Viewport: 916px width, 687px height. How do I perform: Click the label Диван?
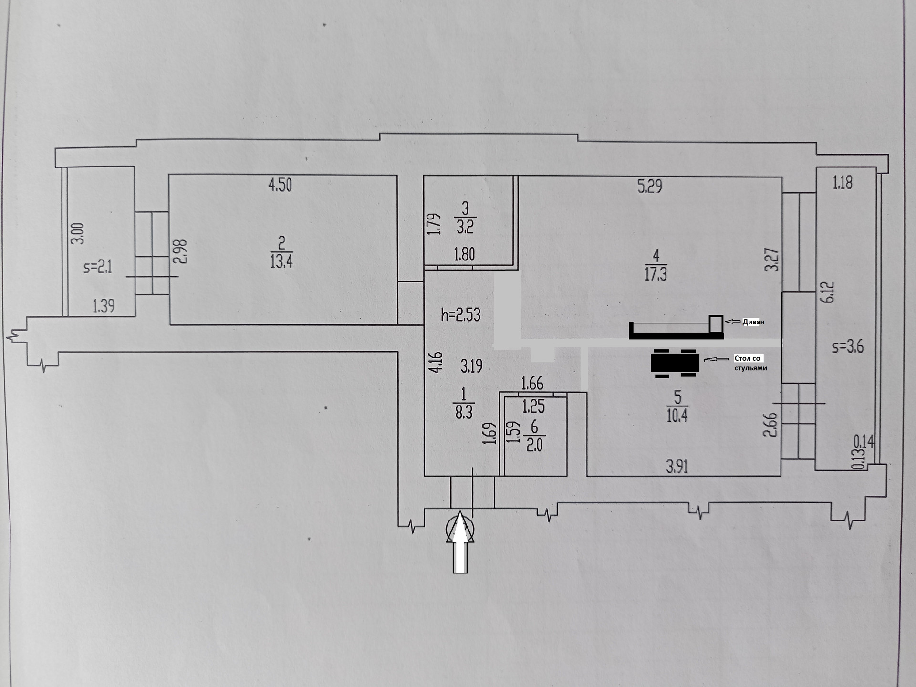[x=753, y=322]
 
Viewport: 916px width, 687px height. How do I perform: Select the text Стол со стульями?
[x=750, y=363]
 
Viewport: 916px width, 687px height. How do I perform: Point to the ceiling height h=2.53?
[x=460, y=315]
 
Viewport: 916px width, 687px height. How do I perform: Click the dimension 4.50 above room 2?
[x=280, y=185]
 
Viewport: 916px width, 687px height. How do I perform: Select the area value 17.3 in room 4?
[x=656, y=274]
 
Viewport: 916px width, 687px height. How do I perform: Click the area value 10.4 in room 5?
[x=677, y=416]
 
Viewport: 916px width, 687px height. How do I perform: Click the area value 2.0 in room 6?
[x=534, y=445]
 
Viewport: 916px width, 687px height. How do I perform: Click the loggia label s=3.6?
[x=847, y=347]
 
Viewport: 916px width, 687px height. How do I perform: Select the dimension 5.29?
[x=649, y=186]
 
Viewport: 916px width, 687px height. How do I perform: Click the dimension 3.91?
[x=677, y=467]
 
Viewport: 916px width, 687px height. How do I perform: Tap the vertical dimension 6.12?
[x=829, y=291]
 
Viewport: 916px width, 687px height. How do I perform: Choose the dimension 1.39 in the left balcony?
[x=104, y=306]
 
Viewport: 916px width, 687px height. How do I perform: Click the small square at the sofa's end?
[x=716, y=323]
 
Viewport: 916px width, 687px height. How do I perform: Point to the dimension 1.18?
[x=842, y=183]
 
